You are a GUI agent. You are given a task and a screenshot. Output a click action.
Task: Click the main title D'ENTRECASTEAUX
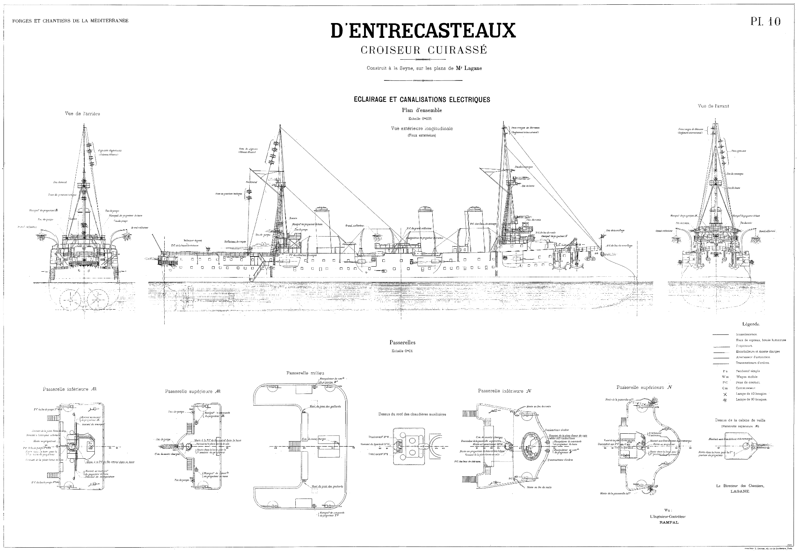pyautogui.click(x=423, y=30)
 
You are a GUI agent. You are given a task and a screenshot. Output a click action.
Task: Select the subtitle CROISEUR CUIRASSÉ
pyautogui.click(x=424, y=50)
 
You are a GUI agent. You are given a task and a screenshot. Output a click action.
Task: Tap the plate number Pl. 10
pyautogui.click(x=765, y=22)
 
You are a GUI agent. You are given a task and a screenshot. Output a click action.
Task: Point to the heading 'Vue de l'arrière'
pyautogui.click(x=82, y=114)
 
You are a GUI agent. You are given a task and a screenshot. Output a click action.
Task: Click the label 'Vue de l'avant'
pyautogui.click(x=713, y=106)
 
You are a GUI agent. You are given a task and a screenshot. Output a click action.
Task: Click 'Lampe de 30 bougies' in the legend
pyautogui.click(x=751, y=399)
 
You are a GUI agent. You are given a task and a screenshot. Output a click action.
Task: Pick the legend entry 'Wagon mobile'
pyautogui.click(x=746, y=377)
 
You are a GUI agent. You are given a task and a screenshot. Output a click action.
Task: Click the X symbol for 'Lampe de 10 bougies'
pyautogui.click(x=725, y=394)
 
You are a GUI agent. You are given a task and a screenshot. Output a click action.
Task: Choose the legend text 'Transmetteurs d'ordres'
pyautogui.click(x=753, y=363)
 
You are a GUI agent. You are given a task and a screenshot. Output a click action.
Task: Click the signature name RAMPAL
pyautogui.click(x=669, y=522)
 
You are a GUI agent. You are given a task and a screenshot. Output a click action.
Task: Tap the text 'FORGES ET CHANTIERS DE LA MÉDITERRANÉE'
pyautogui.click(x=70, y=21)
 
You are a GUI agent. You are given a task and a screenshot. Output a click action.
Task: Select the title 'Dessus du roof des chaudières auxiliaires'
pyautogui.click(x=412, y=415)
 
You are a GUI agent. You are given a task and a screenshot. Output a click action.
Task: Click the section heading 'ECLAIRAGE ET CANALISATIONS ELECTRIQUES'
pyautogui.click(x=422, y=100)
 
